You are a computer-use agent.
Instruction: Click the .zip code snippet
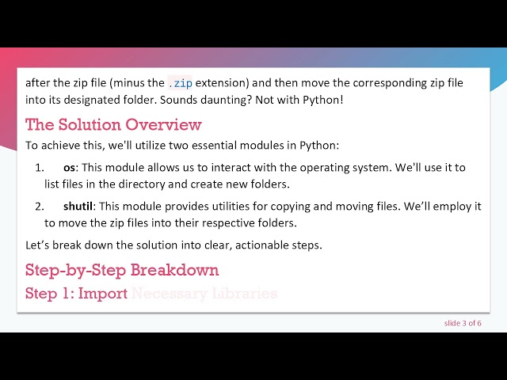click(x=180, y=82)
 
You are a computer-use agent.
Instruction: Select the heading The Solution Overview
click(x=113, y=124)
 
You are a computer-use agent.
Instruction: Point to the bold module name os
click(x=69, y=167)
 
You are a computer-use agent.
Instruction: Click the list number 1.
click(x=39, y=167)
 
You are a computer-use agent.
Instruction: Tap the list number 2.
click(x=39, y=206)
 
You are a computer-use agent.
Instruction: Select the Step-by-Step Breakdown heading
click(x=122, y=269)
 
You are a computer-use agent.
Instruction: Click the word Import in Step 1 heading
click(x=102, y=294)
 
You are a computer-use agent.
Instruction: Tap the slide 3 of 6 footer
click(x=463, y=323)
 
